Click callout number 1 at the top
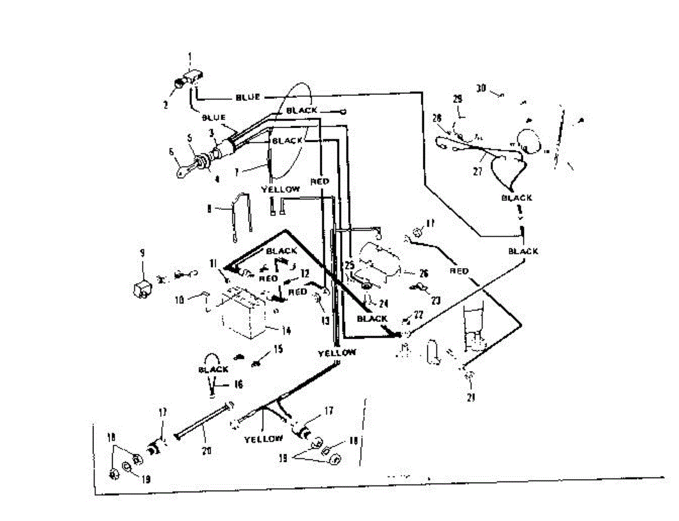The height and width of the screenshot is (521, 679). click(190, 56)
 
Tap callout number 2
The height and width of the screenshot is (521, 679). click(166, 104)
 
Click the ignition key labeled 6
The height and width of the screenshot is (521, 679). click(184, 171)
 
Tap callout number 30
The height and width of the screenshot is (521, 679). click(481, 88)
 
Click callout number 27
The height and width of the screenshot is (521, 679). click(479, 172)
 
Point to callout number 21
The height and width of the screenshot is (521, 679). click(469, 397)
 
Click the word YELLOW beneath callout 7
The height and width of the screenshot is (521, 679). click(280, 190)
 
